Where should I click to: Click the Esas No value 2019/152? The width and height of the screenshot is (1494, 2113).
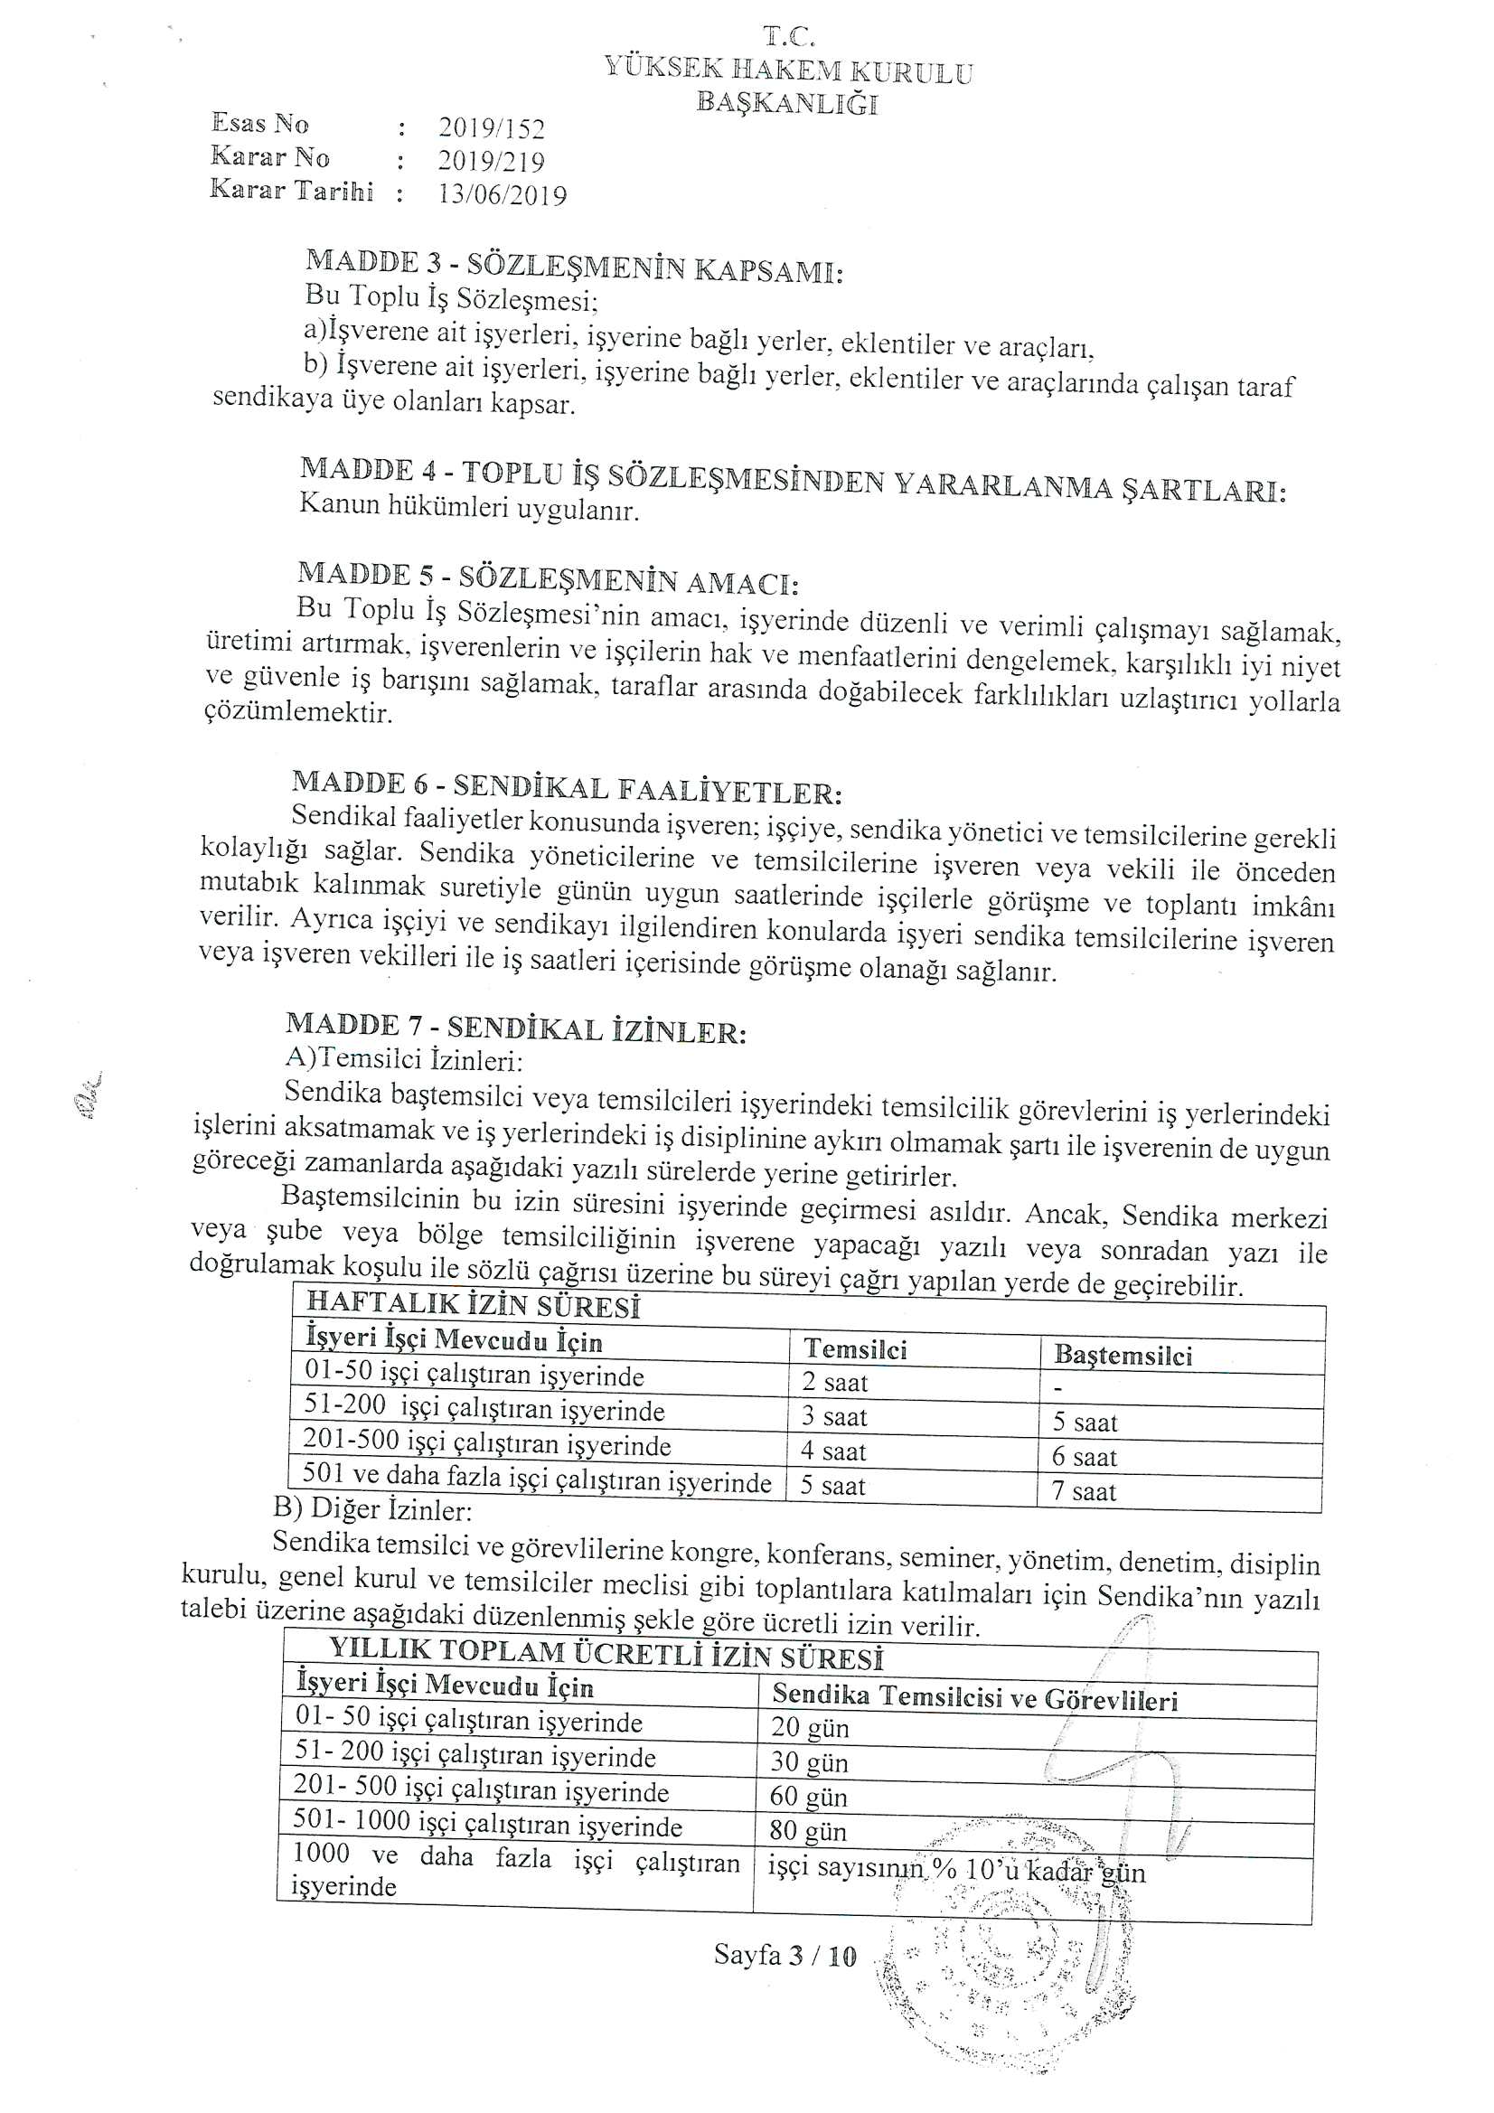[x=491, y=128]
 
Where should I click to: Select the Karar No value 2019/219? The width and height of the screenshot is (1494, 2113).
[x=491, y=161]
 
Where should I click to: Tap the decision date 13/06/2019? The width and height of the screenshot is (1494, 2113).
[x=502, y=194]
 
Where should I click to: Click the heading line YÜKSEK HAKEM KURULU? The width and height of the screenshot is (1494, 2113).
[x=788, y=70]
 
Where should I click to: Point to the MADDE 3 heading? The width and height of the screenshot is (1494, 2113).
[x=574, y=266]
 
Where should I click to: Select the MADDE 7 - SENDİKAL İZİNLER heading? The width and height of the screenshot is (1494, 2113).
[x=515, y=1028]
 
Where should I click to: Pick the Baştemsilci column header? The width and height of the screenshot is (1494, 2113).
[x=1123, y=1355]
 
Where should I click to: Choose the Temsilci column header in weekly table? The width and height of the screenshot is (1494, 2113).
[x=855, y=1349]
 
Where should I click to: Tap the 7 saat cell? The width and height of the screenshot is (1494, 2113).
[x=1084, y=1492]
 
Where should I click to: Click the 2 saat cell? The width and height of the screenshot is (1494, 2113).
[x=834, y=1382]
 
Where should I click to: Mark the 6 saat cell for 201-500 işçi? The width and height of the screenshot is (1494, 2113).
[x=1084, y=1457]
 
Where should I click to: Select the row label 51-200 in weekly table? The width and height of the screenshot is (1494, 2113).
[x=484, y=1409]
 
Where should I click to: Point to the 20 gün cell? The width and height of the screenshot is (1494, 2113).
[x=809, y=1727]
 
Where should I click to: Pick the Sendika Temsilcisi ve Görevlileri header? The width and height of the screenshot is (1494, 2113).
[x=974, y=1697]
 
